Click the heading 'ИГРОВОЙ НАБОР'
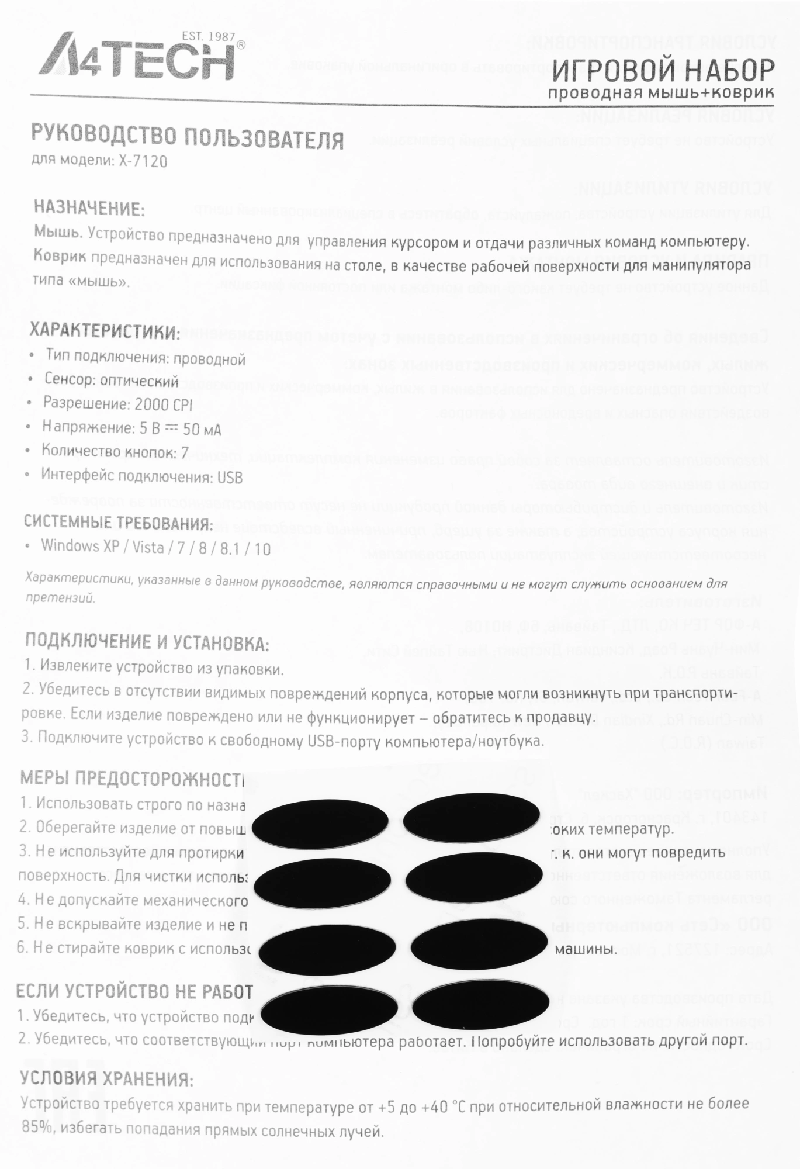(663, 72)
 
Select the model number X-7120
(143, 161)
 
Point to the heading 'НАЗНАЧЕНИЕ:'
(89, 208)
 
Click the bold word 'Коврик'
(60, 256)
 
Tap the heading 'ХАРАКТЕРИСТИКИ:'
(105, 331)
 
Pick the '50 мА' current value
(202, 430)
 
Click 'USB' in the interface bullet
(230, 478)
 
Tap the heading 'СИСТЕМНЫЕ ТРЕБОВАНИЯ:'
(118, 523)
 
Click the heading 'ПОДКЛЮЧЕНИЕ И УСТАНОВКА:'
(147, 642)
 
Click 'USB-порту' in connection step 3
(338, 741)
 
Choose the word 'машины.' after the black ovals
(586, 949)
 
